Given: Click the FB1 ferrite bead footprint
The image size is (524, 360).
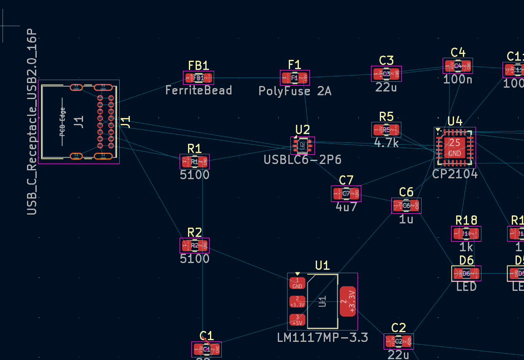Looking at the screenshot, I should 199,78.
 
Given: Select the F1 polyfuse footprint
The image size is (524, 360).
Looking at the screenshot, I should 295,78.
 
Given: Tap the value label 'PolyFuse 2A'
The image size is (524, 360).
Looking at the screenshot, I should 295,91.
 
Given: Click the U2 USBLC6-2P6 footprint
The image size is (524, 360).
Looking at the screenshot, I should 302,145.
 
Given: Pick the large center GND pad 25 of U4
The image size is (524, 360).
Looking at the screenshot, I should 455,147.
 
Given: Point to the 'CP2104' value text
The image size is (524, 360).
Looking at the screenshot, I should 455,174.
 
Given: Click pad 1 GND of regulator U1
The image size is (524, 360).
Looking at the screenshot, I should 298,283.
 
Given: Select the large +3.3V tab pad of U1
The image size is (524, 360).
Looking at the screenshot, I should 348,301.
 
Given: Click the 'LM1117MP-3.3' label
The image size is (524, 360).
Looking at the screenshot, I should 322,338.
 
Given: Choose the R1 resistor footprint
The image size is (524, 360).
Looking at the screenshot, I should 194,161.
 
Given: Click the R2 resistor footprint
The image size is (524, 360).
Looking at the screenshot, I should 194,245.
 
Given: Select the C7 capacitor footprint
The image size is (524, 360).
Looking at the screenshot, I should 346,193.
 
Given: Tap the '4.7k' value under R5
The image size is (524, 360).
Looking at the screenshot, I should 386,142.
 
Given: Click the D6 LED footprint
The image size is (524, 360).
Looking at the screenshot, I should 466,274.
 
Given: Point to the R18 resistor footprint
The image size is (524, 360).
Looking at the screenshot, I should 466,234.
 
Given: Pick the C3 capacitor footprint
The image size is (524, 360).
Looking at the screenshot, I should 386,74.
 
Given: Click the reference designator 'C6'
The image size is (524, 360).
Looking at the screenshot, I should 406,192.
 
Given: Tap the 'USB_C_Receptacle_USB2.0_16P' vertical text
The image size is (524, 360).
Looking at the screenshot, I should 32,122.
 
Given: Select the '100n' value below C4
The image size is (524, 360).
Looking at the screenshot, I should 458,79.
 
